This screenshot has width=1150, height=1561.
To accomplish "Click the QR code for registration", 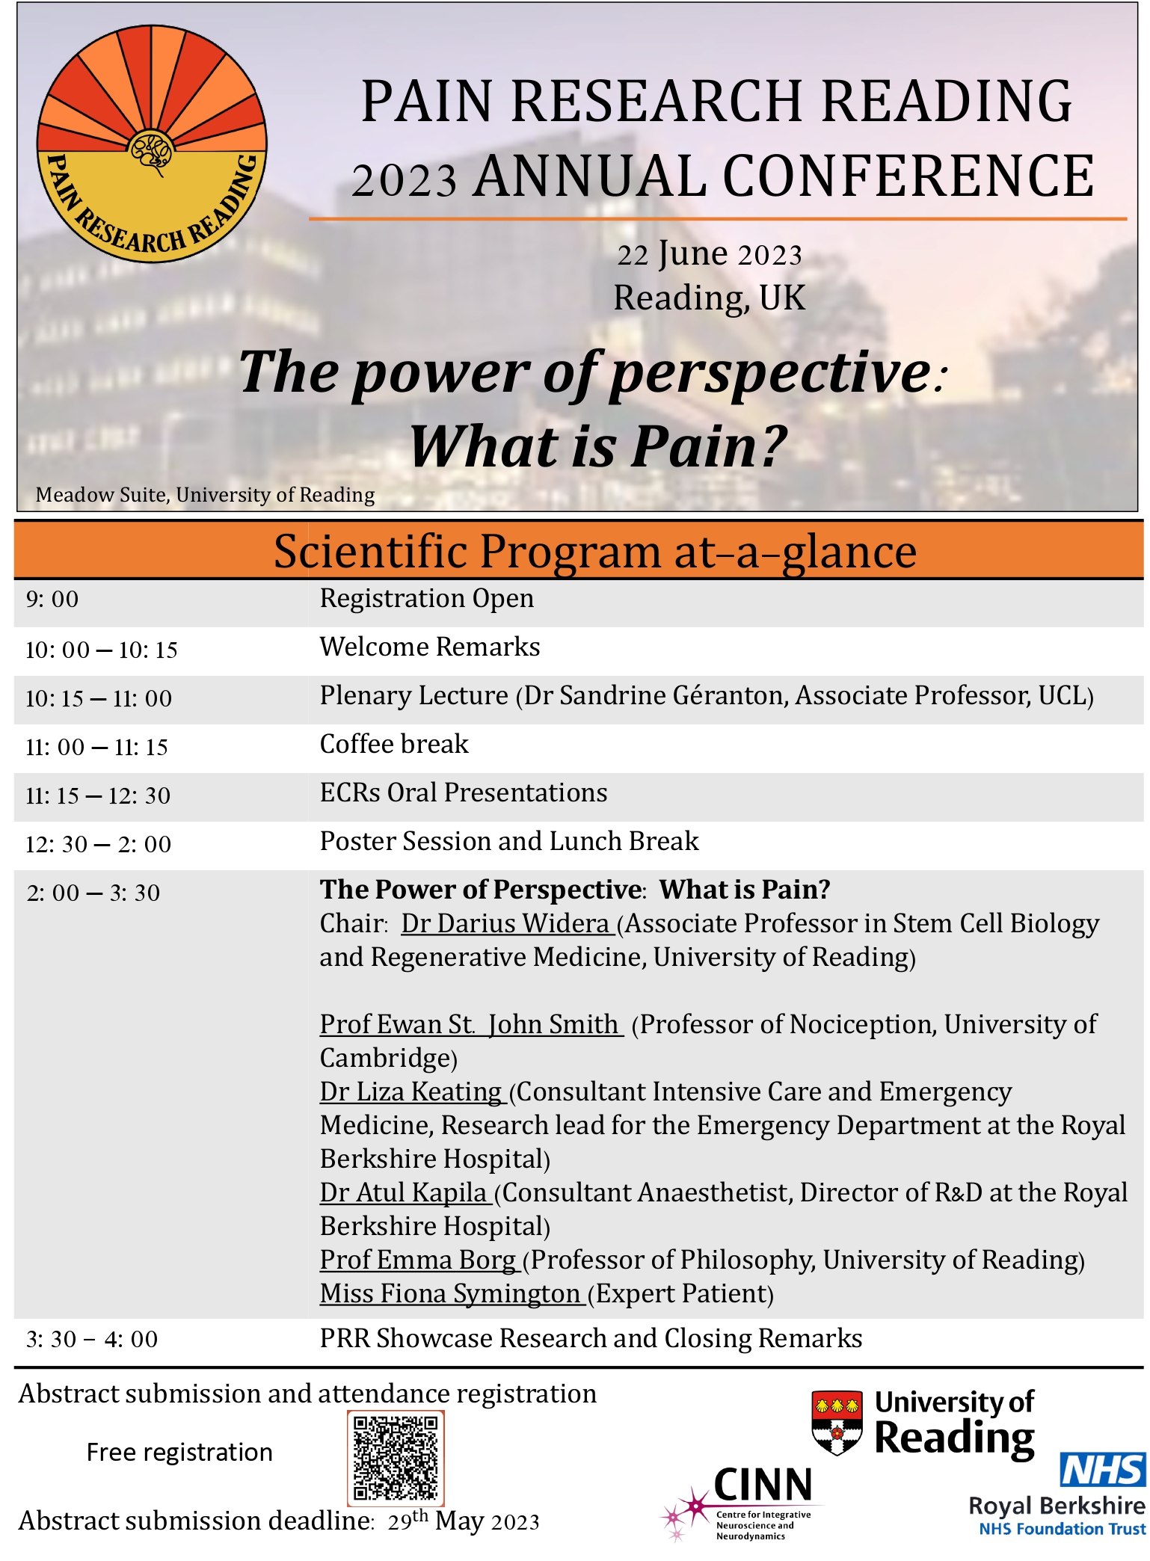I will click(396, 1458).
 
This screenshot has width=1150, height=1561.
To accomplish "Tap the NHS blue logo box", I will click(1103, 1470).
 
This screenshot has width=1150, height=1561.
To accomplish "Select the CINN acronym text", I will click(763, 1485).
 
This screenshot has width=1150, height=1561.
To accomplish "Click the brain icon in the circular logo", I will click(152, 152).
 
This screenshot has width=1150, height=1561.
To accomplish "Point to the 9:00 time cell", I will click(52, 600).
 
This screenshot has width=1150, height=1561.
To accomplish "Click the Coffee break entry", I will click(394, 745).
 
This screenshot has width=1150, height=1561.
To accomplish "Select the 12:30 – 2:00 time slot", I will click(98, 845).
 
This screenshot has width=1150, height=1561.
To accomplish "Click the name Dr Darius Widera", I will click(506, 924).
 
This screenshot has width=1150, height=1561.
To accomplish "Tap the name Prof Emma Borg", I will click(418, 1260).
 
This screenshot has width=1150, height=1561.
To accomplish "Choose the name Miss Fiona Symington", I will click(450, 1294).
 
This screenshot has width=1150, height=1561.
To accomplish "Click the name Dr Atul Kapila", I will click(404, 1193).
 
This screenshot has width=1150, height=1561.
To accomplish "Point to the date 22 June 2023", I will click(709, 255).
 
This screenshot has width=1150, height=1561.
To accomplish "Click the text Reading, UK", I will click(709, 298).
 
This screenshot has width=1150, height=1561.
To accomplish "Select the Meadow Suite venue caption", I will click(205, 495).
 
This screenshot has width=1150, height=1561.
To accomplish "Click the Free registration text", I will click(179, 1452).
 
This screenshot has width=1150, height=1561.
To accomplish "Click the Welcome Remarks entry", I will click(429, 647).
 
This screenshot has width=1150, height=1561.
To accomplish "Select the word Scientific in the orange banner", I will click(370, 552).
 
